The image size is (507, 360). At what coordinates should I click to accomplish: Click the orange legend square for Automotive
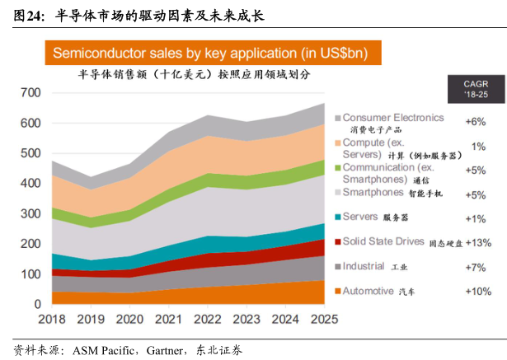pos(337,292)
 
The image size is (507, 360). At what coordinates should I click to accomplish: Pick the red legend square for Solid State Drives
pos(337,242)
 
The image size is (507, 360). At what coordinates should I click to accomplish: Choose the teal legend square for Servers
pos(337,217)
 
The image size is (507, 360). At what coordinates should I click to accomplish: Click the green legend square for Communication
pos(337,168)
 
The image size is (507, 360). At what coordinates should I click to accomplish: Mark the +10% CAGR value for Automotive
pos(478,292)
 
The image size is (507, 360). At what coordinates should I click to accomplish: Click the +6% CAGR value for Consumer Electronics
pos(476,120)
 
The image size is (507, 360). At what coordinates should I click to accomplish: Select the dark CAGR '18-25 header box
pos(475,89)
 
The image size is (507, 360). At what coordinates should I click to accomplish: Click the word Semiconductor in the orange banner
pos(103,54)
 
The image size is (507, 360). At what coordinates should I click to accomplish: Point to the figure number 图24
pos(24,14)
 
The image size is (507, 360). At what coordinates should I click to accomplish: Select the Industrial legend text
pos(364,267)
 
